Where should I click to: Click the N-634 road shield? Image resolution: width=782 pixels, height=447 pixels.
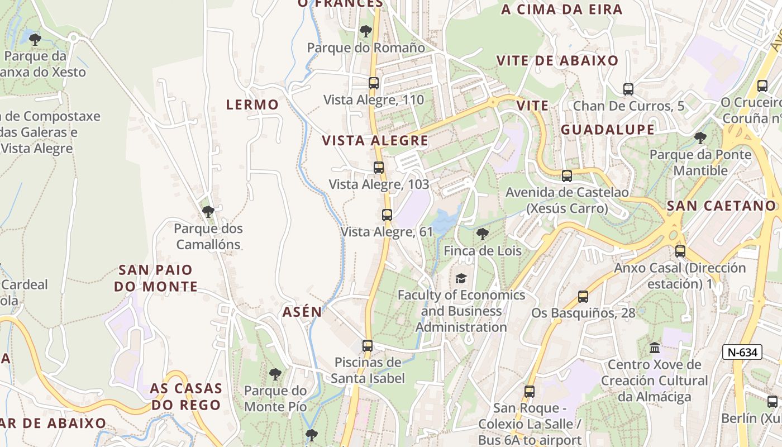click(742, 352)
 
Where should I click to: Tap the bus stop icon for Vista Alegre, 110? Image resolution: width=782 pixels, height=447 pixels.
click(374, 83)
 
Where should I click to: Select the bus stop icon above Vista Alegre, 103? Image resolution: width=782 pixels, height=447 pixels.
click(379, 167)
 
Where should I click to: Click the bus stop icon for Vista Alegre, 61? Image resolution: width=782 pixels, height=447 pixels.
click(387, 215)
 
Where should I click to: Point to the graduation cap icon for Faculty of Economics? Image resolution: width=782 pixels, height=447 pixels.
click(461, 278)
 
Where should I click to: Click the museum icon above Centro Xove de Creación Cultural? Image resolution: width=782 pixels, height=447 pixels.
click(655, 348)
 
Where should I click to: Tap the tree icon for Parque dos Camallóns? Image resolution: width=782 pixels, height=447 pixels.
click(208, 212)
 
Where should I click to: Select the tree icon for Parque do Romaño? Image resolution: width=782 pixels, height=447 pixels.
click(366, 31)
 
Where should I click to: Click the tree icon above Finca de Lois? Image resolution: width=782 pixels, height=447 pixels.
click(483, 234)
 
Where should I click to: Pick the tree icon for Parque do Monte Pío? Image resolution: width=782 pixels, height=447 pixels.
click(275, 374)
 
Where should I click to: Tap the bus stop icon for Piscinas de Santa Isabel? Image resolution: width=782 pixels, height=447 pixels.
click(367, 346)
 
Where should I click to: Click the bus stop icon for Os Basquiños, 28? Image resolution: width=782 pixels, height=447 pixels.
click(583, 297)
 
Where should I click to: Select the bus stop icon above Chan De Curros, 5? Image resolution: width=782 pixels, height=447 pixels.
click(628, 89)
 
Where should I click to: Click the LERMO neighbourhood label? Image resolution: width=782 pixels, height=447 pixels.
click(252, 104)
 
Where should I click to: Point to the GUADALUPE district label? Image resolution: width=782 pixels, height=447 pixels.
click(607, 130)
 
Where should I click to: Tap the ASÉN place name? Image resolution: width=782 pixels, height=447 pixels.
click(302, 312)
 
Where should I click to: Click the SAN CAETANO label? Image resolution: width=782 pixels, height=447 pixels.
click(722, 206)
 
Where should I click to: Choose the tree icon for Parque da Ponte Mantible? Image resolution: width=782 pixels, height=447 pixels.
click(700, 137)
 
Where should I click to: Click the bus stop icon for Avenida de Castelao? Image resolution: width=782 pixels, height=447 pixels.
click(567, 176)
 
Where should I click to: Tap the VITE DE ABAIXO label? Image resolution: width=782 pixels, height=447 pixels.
click(557, 60)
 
